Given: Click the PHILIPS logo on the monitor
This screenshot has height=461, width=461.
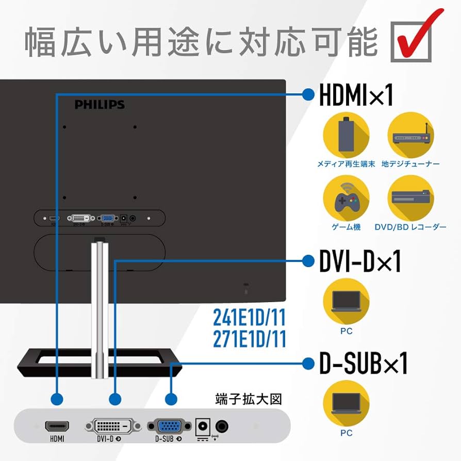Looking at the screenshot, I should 100,105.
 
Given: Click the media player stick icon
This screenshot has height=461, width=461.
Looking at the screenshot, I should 345,135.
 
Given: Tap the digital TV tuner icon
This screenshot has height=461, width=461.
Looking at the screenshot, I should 410,135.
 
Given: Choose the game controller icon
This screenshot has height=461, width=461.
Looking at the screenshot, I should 345,199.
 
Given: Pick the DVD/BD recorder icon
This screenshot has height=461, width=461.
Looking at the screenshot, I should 410,199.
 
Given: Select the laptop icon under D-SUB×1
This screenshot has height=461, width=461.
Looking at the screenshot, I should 346,402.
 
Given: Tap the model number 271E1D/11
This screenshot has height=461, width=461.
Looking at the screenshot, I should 249,339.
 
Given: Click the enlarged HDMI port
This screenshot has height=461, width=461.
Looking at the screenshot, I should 57,426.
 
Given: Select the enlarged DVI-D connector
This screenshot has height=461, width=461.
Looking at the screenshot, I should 112,426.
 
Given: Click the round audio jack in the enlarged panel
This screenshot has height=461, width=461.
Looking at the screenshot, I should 222,426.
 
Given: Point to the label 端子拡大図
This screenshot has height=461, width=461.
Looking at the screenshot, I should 249,399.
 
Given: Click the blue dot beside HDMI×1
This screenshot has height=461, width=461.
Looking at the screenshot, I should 308,94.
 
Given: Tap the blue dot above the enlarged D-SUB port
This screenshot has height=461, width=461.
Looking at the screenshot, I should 171,399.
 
